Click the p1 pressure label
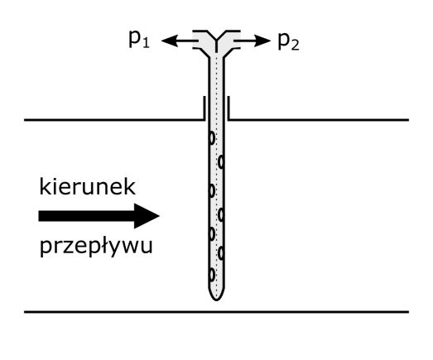(139, 40)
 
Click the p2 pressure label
(288, 41)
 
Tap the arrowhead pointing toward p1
(170, 41)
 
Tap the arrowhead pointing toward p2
(262, 41)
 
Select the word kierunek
(87, 187)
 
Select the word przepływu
(96, 247)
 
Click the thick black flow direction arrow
(99, 216)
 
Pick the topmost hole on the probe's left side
(211, 138)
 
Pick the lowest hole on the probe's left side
(211, 275)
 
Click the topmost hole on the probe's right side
(221, 162)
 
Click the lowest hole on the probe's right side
(221, 253)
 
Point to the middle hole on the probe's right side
(221, 215)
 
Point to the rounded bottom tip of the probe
(216, 300)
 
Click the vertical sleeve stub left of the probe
(204, 108)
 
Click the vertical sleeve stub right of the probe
(229, 108)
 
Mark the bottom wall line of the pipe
(217, 312)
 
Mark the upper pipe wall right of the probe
(319, 120)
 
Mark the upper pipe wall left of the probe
(114, 120)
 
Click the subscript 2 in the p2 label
(296, 46)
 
